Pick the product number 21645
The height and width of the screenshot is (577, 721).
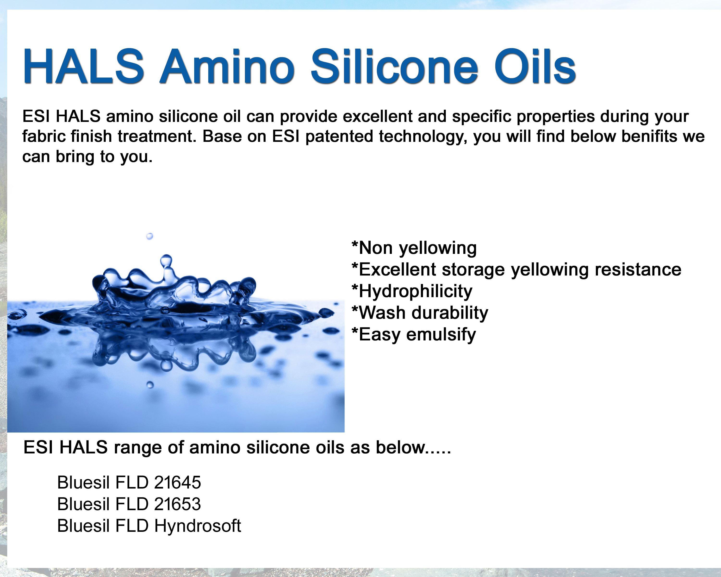(178, 482)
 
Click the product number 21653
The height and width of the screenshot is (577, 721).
(178, 504)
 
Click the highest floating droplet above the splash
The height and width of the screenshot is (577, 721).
(149, 236)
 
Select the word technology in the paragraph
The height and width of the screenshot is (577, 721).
(423, 137)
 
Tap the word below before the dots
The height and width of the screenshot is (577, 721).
(401, 448)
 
